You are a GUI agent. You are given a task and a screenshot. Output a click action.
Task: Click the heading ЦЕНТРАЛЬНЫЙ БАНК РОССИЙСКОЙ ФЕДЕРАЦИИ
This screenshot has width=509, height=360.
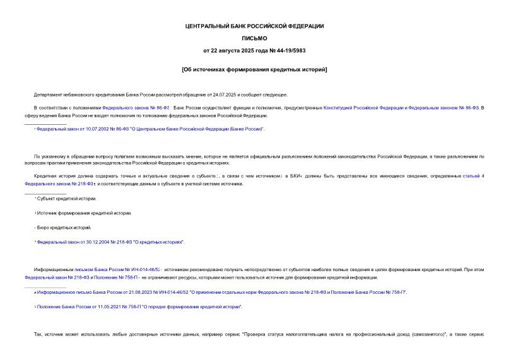[x=254, y=26]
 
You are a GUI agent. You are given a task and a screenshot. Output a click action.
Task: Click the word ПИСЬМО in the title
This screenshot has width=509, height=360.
[x=254, y=38]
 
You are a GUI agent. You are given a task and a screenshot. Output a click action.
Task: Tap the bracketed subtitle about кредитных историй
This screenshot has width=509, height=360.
[x=254, y=69]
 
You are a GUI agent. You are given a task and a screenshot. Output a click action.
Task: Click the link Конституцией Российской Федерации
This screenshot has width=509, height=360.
[x=363, y=108]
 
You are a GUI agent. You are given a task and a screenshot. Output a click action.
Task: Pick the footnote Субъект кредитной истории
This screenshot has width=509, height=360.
[x=67, y=199]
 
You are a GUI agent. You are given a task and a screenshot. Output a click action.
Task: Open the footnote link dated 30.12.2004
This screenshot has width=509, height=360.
[x=110, y=241]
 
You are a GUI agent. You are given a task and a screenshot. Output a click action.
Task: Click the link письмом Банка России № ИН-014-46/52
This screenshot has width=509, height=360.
[x=117, y=269]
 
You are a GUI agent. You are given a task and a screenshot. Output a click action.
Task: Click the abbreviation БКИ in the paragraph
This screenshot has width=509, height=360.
[x=296, y=176]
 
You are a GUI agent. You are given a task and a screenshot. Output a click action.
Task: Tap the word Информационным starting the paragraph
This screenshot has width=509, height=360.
[x=54, y=269]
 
